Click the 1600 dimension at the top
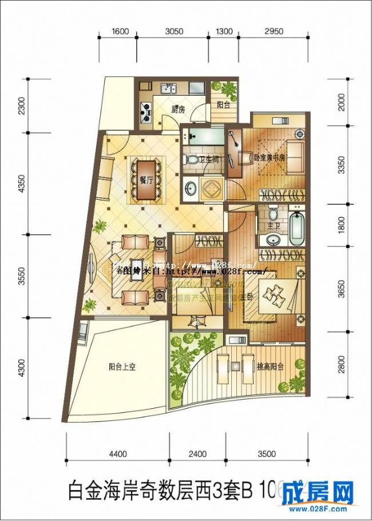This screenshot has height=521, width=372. point(120,32)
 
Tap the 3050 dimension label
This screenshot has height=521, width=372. point(174,32)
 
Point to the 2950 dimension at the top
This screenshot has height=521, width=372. point(274,32)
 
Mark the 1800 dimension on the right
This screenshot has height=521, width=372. point(342,225)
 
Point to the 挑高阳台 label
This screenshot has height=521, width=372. point(271,367)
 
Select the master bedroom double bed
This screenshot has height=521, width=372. point(275,295)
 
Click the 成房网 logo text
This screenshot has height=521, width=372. point(324,492)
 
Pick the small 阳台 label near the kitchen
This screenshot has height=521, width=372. point(223,105)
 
